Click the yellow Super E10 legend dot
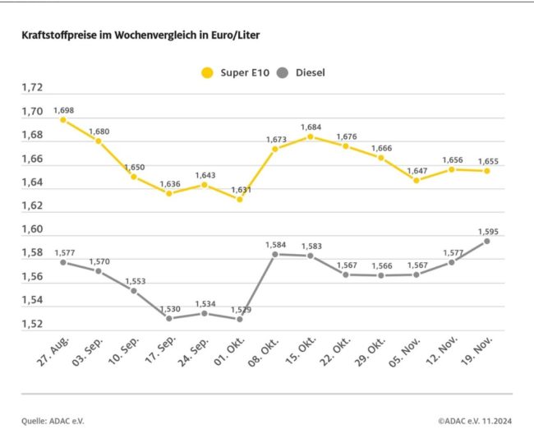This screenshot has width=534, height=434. (207, 72)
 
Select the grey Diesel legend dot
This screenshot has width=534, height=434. (283, 72)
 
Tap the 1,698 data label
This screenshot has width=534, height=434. (63, 109)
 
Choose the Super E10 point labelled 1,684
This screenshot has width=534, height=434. (311, 136)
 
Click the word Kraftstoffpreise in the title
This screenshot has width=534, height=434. (58, 37)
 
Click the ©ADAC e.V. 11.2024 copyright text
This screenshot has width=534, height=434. (474, 421)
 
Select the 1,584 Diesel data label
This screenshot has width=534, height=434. (275, 244)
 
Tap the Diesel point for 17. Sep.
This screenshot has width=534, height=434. (169, 318)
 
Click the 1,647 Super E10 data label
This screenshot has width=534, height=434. (417, 170)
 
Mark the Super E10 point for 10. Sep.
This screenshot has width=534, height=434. (134, 177)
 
